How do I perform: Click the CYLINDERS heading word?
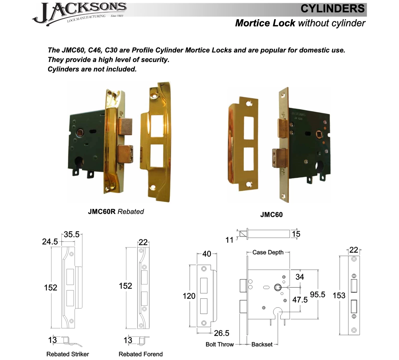[x=332, y=9]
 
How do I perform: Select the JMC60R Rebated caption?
[x=116, y=212]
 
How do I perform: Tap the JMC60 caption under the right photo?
[x=271, y=215]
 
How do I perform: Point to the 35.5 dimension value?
[x=72, y=235]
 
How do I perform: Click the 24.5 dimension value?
[x=50, y=242]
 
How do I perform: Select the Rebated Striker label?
[x=68, y=354]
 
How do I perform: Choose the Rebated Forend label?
[x=140, y=354]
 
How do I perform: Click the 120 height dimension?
[x=189, y=296]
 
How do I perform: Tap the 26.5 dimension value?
[x=222, y=333]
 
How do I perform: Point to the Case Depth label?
[x=268, y=252]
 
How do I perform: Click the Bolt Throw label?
[x=219, y=345]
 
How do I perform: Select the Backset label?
[x=262, y=345]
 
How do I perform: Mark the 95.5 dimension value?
[x=317, y=295]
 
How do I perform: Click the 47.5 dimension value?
[x=300, y=300]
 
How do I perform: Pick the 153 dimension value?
[x=339, y=296]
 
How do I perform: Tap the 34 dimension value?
[x=300, y=277]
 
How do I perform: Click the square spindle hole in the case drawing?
[x=278, y=288]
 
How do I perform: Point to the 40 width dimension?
[x=207, y=254]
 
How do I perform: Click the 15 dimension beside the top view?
[x=296, y=234]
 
